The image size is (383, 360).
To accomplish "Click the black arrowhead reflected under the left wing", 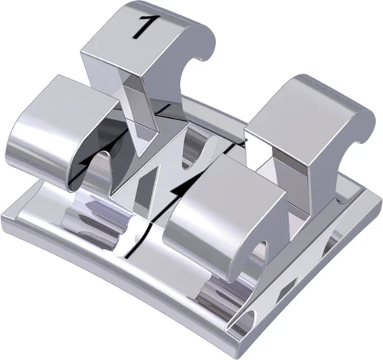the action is click(x=86, y=160).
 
